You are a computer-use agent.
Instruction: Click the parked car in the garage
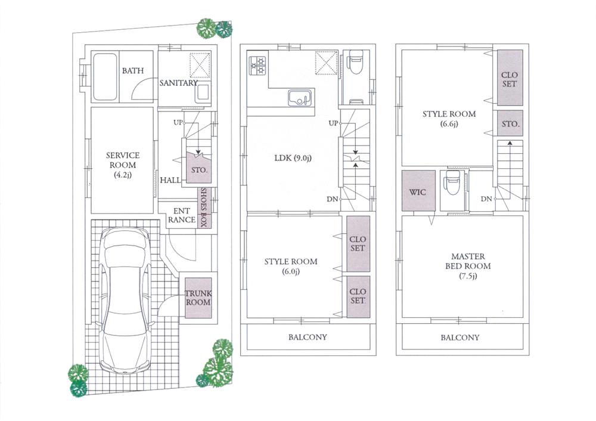click(x=124, y=301)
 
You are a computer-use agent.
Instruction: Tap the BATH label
click(x=133, y=71)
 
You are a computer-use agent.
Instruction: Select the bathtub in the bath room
click(x=105, y=77)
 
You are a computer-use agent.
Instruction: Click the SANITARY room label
click(x=178, y=83)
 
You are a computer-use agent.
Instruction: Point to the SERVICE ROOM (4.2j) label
click(x=123, y=165)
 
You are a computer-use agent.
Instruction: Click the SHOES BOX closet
click(x=203, y=208)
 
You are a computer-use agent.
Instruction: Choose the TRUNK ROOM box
click(x=198, y=298)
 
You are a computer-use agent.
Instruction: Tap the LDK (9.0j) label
click(x=292, y=158)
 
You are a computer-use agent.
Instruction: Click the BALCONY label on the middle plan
click(x=308, y=338)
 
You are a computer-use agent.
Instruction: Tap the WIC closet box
click(x=417, y=193)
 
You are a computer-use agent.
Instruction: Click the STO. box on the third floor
click(x=510, y=124)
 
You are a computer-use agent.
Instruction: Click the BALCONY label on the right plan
click(x=460, y=338)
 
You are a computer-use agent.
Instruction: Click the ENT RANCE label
click(x=181, y=215)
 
